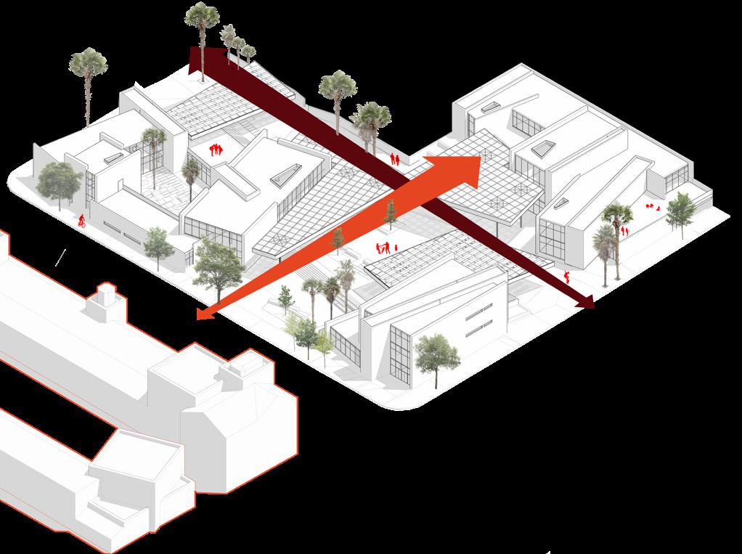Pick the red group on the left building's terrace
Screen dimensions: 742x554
[x=215, y=150]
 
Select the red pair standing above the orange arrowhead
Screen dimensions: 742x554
[x=395, y=158]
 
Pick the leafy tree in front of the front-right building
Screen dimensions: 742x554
[x=436, y=354]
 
